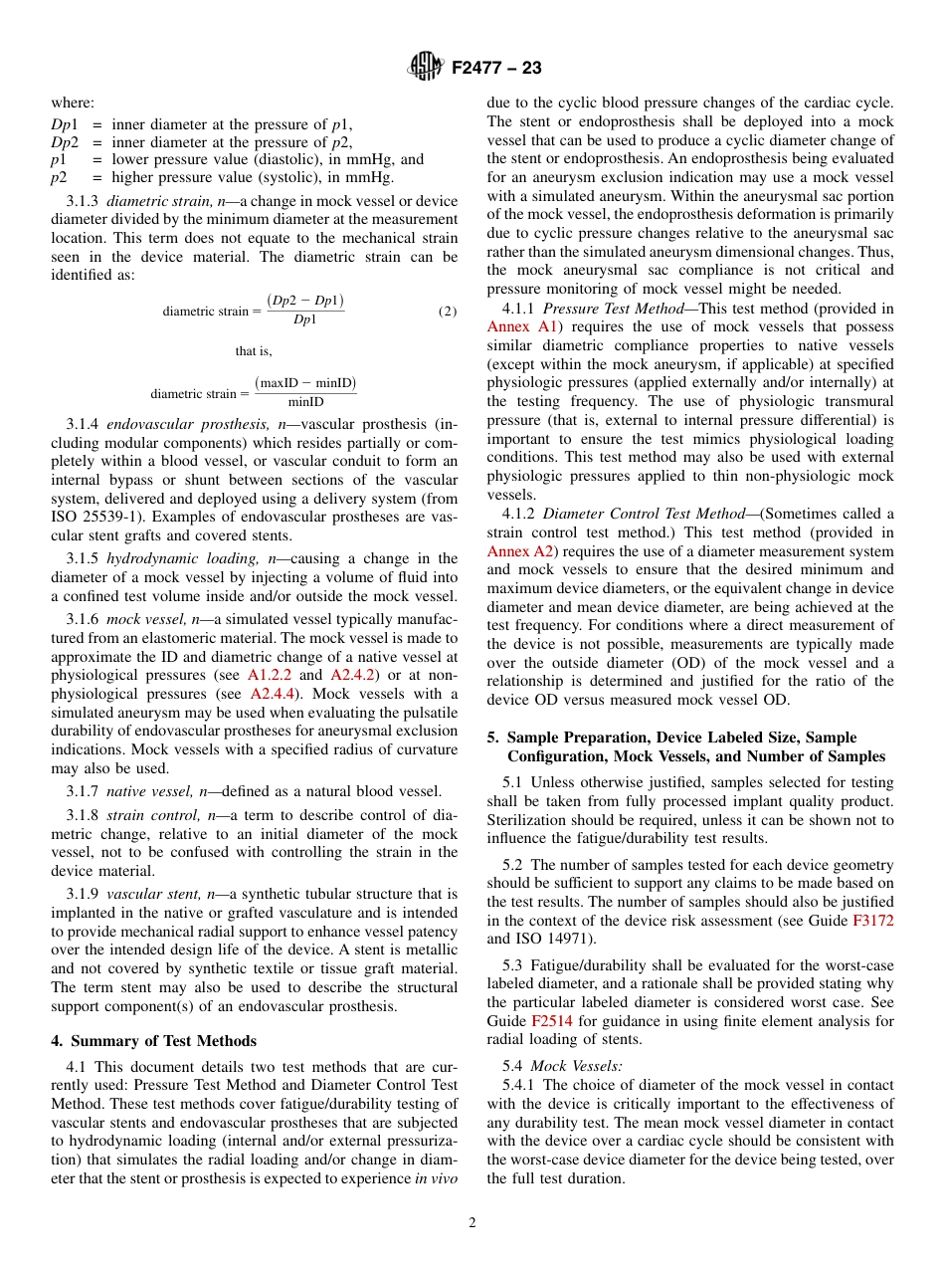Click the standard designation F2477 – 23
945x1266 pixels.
click(496, 69)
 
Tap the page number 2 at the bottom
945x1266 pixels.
click(472, 1223)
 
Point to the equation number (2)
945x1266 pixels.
click(448, 311)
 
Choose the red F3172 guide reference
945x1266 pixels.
click(873, 921)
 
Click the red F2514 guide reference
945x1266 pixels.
click(551, 1021)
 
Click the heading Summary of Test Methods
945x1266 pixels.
click(163, 1041)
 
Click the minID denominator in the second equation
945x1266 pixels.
click(305, 402)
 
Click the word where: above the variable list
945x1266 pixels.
click(73, 103)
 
